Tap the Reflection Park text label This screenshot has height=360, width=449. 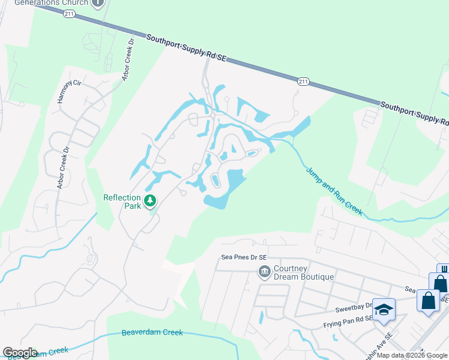(x=122, y=202)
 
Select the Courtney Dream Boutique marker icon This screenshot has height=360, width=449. (x=264, y=272)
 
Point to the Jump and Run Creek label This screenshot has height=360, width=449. (x=334, y=191)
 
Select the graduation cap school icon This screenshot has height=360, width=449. (x=384, y=310)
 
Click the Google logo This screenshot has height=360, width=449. (x=20, y=353)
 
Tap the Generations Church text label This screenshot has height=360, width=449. (x=51, y=3)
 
